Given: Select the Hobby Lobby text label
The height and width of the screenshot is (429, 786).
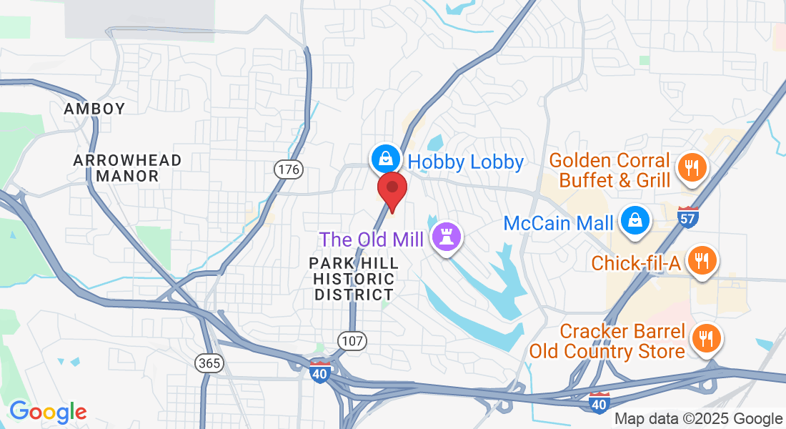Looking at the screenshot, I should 466,162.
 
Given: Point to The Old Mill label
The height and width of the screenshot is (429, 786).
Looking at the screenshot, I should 372,240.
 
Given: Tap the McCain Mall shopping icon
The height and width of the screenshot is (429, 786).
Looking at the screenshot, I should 634,221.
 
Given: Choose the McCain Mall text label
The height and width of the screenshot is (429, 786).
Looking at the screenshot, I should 558,223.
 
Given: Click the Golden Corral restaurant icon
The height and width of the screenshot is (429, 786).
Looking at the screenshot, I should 690,169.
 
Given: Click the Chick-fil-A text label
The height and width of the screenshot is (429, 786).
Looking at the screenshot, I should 635,263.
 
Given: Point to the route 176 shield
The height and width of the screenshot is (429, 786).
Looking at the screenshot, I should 289,169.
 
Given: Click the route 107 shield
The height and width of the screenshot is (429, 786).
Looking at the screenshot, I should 353,341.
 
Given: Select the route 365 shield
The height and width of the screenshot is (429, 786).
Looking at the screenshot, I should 210,363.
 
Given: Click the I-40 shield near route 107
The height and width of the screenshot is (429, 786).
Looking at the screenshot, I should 320,372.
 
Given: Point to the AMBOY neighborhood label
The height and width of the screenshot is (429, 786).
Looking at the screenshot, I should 94,109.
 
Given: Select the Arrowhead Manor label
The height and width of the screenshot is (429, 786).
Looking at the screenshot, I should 127,168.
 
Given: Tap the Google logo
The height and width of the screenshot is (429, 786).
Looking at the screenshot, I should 48,412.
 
